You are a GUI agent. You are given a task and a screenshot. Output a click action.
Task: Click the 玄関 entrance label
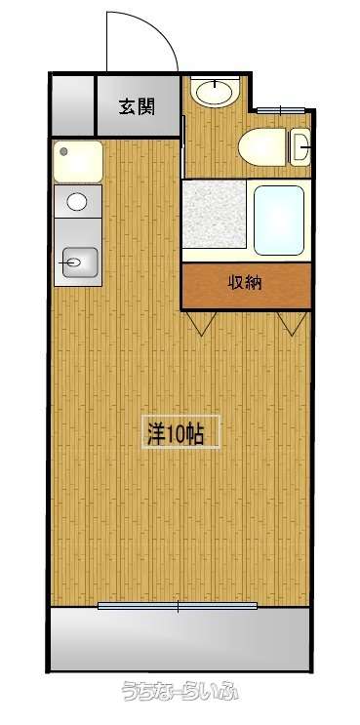(x=137, y=107)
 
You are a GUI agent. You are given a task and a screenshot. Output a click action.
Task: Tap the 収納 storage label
(x=245, y=282)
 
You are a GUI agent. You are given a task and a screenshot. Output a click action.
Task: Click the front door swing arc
(x=157, y=27)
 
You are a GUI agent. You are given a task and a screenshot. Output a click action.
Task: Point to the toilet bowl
(x=261, y=147)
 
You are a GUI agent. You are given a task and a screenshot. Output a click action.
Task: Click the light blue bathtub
(x=279, y=221)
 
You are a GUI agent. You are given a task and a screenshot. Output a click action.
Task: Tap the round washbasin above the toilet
(x=216, y=92)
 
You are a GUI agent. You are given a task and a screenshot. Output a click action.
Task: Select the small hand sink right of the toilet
(x=300, y=146)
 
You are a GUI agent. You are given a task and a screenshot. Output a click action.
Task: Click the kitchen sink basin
(x=79, y=262)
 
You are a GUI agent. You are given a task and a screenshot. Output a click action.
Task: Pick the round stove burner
(x=77, y=201)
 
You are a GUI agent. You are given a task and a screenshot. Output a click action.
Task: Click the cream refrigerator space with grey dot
(x=78, y=161)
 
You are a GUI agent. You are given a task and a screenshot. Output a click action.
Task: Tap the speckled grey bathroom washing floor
(x=214, y=213)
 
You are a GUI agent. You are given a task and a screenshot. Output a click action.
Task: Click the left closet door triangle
(x=202, y=322)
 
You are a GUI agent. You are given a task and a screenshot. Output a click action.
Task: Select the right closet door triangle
(x=292, y=322)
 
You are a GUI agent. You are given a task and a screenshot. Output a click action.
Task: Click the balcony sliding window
(x=178, y=605)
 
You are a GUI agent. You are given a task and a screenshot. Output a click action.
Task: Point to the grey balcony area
(x=180, y=638)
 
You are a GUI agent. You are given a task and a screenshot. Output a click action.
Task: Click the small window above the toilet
(x=281, y=110)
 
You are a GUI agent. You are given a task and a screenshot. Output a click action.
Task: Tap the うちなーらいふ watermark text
(x=180, y=692)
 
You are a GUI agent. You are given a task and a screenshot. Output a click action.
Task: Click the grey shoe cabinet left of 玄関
(x=72, y=105)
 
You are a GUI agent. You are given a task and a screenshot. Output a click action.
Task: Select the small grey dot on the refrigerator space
(x=63, y=151)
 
